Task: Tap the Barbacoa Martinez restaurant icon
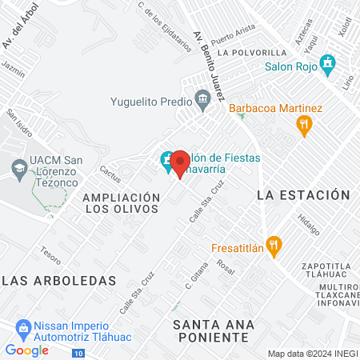point(303,124)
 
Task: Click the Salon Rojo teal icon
point(326,63)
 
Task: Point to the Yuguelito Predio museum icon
point(202,101)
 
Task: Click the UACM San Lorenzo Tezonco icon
point(18,168)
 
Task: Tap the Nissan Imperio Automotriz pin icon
point(23,328)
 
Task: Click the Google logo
point(26,350)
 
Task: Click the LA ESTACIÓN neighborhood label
point(303,194)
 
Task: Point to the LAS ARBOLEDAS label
point(59,280)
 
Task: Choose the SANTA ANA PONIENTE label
point(214,330)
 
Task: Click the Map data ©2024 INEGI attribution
point(313,354)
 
